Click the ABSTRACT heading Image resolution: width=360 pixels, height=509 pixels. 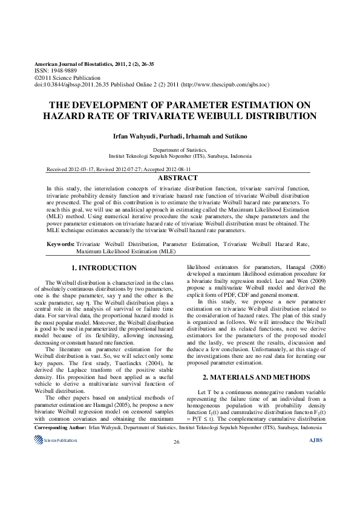tap(177, 178)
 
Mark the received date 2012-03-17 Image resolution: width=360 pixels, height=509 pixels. tap(91, 170)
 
